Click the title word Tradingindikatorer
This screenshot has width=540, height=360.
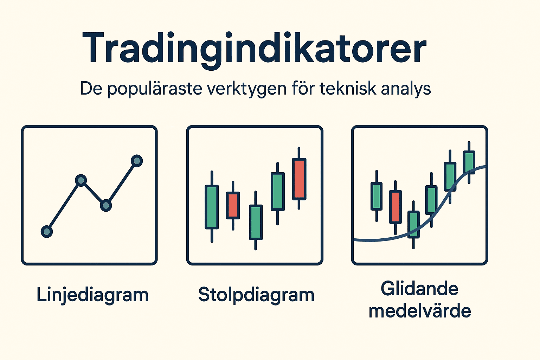click(x=254, y=49)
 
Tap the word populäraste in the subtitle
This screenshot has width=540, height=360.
click(x=155, y=89)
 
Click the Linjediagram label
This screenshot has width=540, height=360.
click(x=92, y=295)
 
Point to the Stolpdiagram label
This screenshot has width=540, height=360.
click(x=256, y=295)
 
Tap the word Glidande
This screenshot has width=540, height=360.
click(x=419, y=289)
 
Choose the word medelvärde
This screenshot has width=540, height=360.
click(x=419, y=311)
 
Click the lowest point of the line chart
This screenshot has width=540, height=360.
click(x=47, y=232)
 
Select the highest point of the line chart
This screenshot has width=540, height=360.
click(x=137, y=161)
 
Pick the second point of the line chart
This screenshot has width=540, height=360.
click(x=81, y=181)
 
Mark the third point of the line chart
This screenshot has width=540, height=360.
click(x=106, y=205)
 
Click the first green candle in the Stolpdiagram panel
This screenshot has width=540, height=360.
click(x=212, y=207)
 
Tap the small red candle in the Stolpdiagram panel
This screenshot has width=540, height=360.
click(x=233, y=205)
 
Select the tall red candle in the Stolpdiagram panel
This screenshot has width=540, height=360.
click(x=299, y=179)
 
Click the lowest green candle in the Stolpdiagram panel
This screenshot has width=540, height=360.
click(x=256, y=222)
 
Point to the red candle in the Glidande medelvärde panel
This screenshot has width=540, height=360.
click(x=396, y=207)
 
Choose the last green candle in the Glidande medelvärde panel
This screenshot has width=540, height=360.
click(x=469, y=162)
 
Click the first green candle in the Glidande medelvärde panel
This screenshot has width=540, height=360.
click(x=377, y=196)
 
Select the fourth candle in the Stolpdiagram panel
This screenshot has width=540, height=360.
click(x=277, y=192)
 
